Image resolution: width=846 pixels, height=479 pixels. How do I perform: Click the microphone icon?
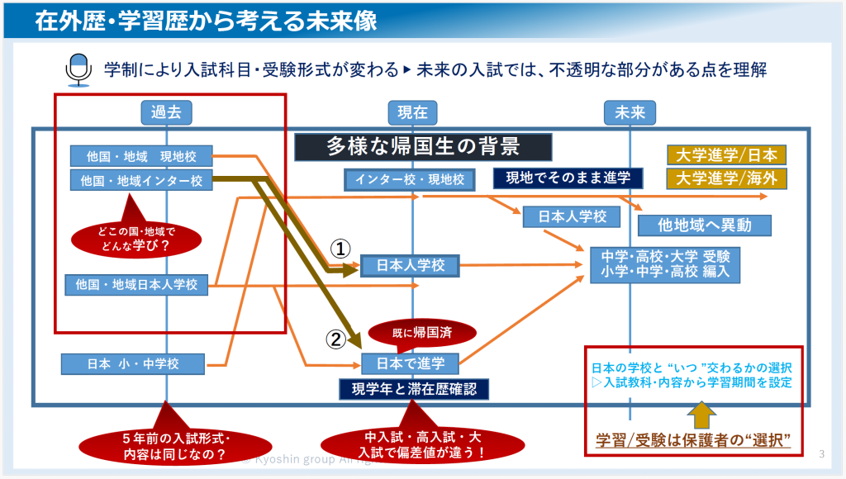tap(77, 69)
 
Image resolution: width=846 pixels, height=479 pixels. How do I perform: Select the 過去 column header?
tap(166, 113)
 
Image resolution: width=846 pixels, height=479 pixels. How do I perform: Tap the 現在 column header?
tap(412, 113)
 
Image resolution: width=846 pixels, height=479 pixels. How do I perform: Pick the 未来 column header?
tap(630, 113)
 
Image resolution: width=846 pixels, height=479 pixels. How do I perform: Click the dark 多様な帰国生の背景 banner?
tap(423, 146)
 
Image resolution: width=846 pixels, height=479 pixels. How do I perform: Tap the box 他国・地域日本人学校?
tap(136, 285)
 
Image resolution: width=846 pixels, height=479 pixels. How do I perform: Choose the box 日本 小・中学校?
tap(133, 363)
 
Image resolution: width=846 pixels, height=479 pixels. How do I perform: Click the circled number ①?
tap(341, 247)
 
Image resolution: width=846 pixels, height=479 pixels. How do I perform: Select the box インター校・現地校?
tap(410, 178)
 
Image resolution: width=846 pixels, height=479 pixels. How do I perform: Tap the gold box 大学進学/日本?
tap(726, 155)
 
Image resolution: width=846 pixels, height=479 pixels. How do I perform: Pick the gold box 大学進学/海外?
tap(726, 178)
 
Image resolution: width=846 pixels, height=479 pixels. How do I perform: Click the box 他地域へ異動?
tap(705, 225)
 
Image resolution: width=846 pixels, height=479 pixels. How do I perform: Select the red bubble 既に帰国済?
tap(422, 333)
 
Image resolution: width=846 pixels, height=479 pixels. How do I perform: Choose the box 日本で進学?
tap(410, 363)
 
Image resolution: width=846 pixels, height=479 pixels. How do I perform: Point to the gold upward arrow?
tap(699, 415)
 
